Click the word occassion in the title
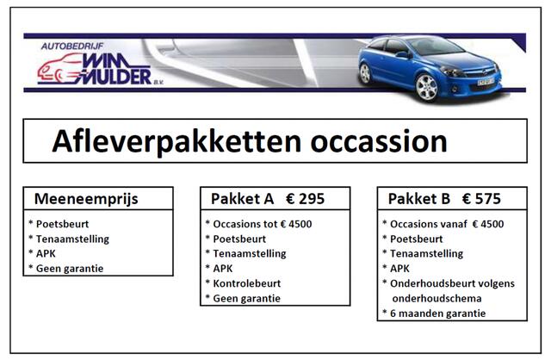coord(373,141)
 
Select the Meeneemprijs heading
coord(86,199)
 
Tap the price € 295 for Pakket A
coord(305,199)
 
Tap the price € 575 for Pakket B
coord(482,199)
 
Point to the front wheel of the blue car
coord(426,86)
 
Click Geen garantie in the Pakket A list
coord(246,298)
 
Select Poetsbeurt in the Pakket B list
coord(418,239)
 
